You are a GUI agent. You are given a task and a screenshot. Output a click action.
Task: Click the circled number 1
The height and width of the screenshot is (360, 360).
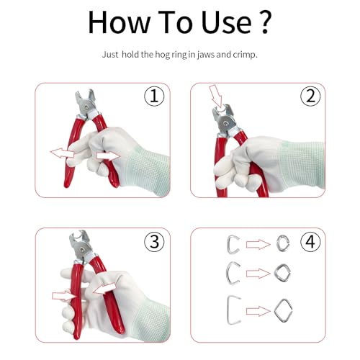pyautogui.click(x=154, y=96)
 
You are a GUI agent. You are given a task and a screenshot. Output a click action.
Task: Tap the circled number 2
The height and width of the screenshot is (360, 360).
pyautogui.click(x=310, y=96)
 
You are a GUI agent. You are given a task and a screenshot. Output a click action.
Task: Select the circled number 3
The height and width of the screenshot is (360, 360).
pyautogui.click(x=154, y=242)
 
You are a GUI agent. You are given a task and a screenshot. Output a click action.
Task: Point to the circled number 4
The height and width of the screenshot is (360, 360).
pyautogui.click(x=310, y=241)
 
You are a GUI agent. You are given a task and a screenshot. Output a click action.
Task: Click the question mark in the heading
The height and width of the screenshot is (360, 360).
pyautogui.click(x=265, y=22)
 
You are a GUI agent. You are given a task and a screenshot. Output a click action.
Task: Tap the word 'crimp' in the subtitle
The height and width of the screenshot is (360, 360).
pyautogui.click(x=245, y=55)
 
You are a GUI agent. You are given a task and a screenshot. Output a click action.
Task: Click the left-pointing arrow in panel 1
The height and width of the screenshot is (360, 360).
pyautogui.click(x=62, y=153)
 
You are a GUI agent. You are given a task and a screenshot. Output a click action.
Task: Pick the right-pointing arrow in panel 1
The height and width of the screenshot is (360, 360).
pyautogui.click(x=109, y=156)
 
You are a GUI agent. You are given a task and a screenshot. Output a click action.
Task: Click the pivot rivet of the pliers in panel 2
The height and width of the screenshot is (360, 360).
pyautogui.click(x=225, y=123)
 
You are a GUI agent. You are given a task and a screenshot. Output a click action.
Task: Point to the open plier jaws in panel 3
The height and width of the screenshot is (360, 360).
pyautogui.click(x=78, y=238)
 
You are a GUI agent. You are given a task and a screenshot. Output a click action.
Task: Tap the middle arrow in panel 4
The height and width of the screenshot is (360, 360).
pyautogui.click(x=258, y=274)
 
